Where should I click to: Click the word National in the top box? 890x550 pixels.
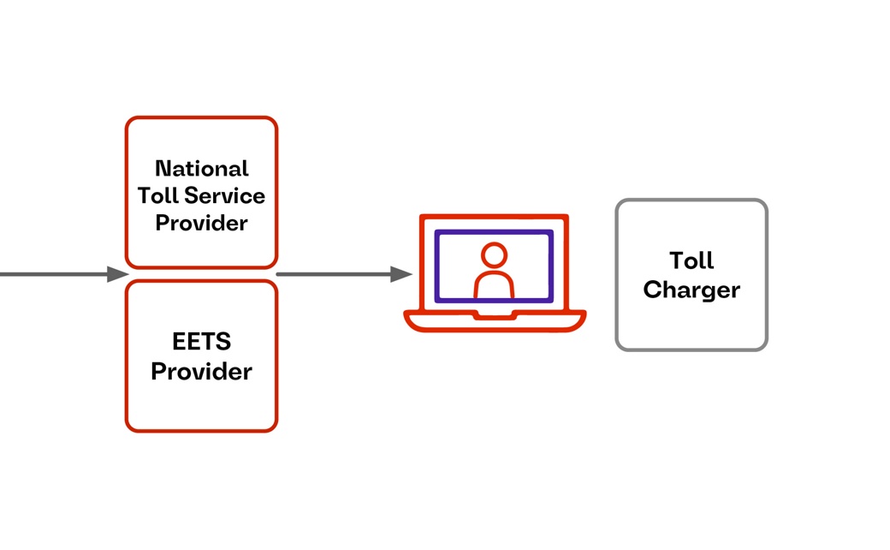coord(202,168)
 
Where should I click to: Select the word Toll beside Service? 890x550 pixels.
coord(157,195)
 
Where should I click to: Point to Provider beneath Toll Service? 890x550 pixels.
coord(202,223)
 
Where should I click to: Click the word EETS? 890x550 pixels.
coord(202,343)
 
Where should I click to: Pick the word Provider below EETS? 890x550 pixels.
coord(202,372)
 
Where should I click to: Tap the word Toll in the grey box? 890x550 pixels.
coord(691,260)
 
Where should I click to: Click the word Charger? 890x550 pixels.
coord(691,290)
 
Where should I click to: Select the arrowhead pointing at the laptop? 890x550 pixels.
coord(401,274)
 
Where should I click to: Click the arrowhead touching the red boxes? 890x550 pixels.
coord(118,274)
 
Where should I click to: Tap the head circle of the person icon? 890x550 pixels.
coord(494,254)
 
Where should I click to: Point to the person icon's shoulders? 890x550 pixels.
coord(494,285)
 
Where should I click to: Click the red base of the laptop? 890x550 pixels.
coord(445,323)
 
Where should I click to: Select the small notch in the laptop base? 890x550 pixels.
coord(495,315)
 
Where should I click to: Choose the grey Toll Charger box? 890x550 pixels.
coord(691,326)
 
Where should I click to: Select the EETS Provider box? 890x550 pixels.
coord(202,407)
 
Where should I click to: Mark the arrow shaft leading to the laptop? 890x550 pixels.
coord(334,274)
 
